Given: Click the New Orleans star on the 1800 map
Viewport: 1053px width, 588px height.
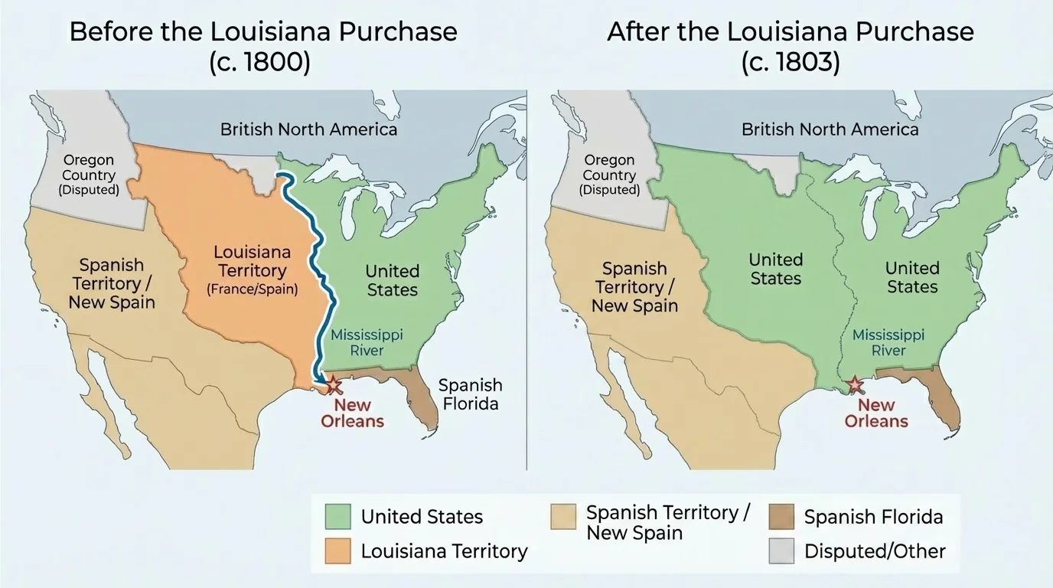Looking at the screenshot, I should tap(334, 384).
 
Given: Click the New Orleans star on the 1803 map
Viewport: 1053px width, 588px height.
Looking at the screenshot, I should tap(856, 385).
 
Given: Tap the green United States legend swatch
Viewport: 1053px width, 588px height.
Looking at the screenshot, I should tap(337, 516).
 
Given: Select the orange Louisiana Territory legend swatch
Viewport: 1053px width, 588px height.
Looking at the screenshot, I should tap(337, 550).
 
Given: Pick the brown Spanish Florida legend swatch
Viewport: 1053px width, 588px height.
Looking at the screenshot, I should tap(781, 517).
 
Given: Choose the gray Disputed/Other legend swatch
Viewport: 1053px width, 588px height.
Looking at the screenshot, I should tap(781, 550).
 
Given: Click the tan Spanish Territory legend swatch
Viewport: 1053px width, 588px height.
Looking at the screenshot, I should tap(563, 517).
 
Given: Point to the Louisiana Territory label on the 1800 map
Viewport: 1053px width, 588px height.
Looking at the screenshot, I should tap(252, 270).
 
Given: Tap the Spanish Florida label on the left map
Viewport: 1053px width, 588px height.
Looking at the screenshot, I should tap(470, 394).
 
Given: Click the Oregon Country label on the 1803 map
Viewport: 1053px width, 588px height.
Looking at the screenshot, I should tap(609, 175).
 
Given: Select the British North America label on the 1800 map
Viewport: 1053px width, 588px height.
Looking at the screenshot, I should tap(308, 129).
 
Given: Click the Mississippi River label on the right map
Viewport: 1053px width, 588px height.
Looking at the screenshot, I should tap(888, 342).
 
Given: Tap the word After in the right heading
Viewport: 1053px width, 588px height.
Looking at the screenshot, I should tap(637, 32).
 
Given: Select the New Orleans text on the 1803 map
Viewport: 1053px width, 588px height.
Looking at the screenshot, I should tap(876, 413).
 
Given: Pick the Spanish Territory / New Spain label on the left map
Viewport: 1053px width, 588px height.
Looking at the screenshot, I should tap(112, 283).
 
